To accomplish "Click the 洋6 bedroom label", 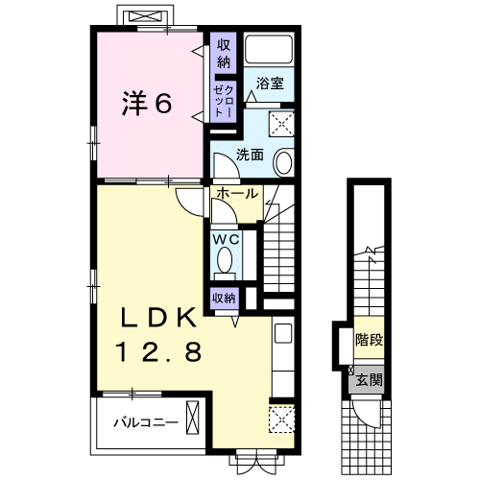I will [146, 103].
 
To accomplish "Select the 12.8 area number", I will [160, 352].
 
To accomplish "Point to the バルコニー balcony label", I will [144, 421].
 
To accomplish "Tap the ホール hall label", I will [235, 193].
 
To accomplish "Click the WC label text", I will [227, 238].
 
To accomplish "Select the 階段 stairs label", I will [369, 339].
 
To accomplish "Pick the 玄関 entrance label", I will [370, 380].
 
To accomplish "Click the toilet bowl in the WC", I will [227, 261].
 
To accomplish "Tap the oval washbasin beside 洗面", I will [285, 162].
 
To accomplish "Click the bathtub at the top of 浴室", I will [268, 50].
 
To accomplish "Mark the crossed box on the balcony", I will [195, 420].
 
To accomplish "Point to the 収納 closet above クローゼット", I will [223, 54].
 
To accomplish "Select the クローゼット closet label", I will [223, 99].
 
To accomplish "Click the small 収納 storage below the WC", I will [223, 298].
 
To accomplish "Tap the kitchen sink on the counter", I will [282, 335].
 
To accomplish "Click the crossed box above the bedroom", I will [145, 17].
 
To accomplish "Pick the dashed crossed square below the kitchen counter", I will [282, 419].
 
